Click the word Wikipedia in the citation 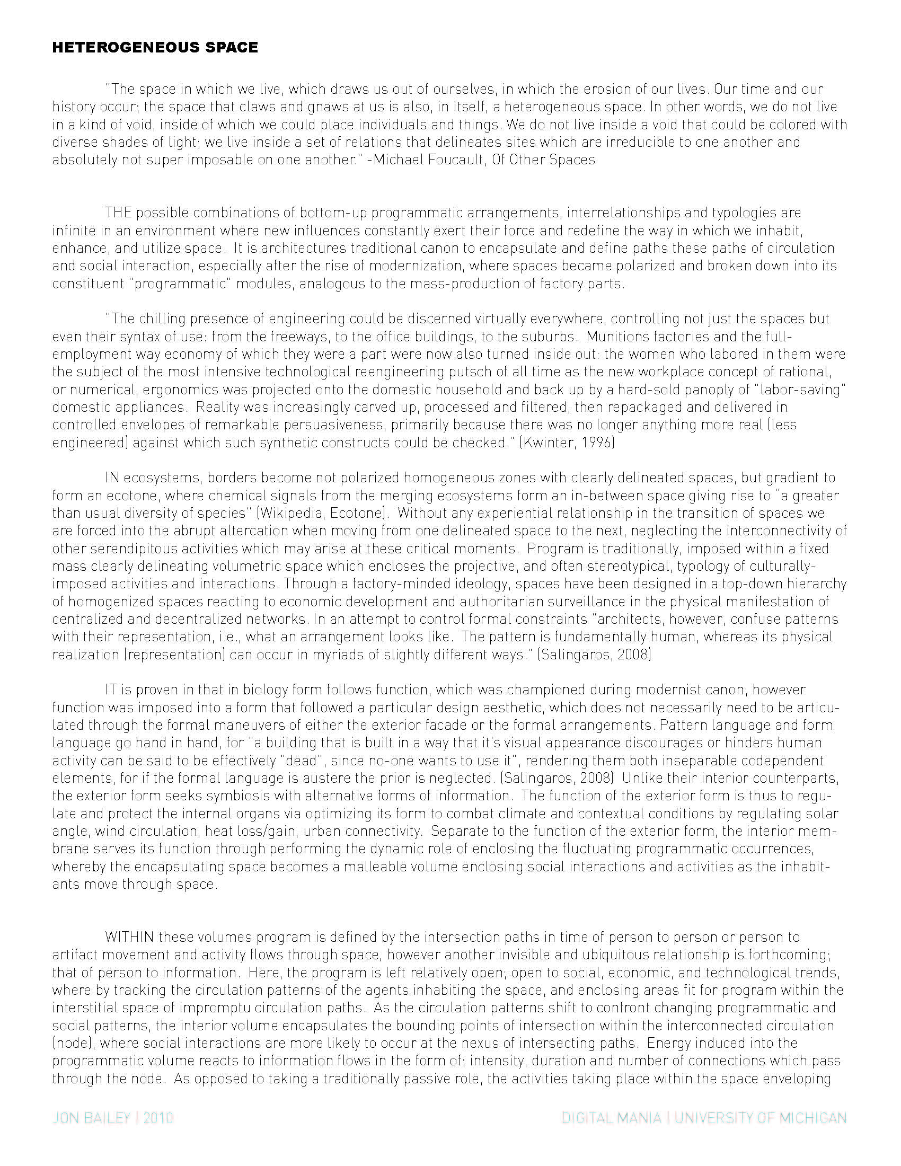pyautogui.click(x=292, y=513)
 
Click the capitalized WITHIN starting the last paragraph pyautogui.click(x=130, y=937)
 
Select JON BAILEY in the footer pyautogui.click(x=91, y=1118)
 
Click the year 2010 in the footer pyautogui.click(x=158, y=1118)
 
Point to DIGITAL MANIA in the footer pyautogui.click(x=611, y=1118)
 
